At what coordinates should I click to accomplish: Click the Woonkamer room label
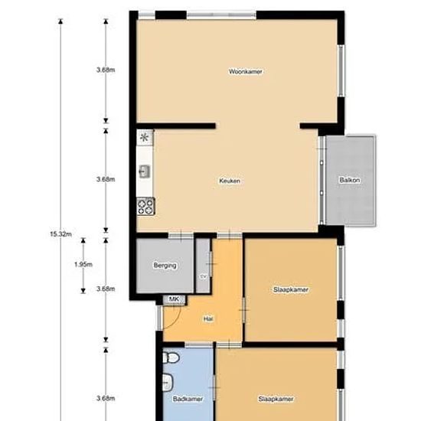pyautogui.click(x=246, y=71)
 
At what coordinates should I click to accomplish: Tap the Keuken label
pyautogui.click(x=230, y=181)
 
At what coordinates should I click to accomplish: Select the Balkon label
pyautogui.click(x=349, y=180)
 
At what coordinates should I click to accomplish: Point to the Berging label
pyautogui.click(x=165, y=266)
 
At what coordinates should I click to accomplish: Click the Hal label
pyautogui.click(x=207, y=318)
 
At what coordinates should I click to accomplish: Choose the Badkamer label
pyautogui.click(x=188, y=399)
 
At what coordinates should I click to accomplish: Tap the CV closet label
pyautogui.click(x=203, y=276)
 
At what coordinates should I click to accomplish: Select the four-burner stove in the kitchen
pyautogui.click(x=145, y=204)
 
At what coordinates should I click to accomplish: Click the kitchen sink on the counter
pyautogui.click(x=145, y=171)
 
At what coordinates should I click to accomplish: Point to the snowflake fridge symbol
pyautogui.click(x=145, y=138)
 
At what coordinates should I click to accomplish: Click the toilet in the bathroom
pyautogui.click(x=171, y=358)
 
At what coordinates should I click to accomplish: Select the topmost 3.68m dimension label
pyautogui.click(x=106, y=70)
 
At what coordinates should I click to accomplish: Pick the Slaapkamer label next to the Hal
pyautogui.click(x=291, y=289)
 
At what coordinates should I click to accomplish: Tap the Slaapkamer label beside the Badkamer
pyautogui.click(x=276, y=399)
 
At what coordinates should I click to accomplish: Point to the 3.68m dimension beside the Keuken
pyautogui.click(x=106, y=179)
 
